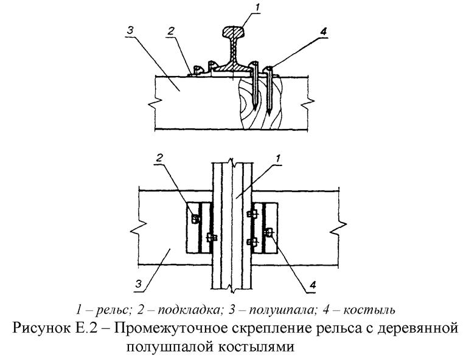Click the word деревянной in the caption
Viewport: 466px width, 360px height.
414,329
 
